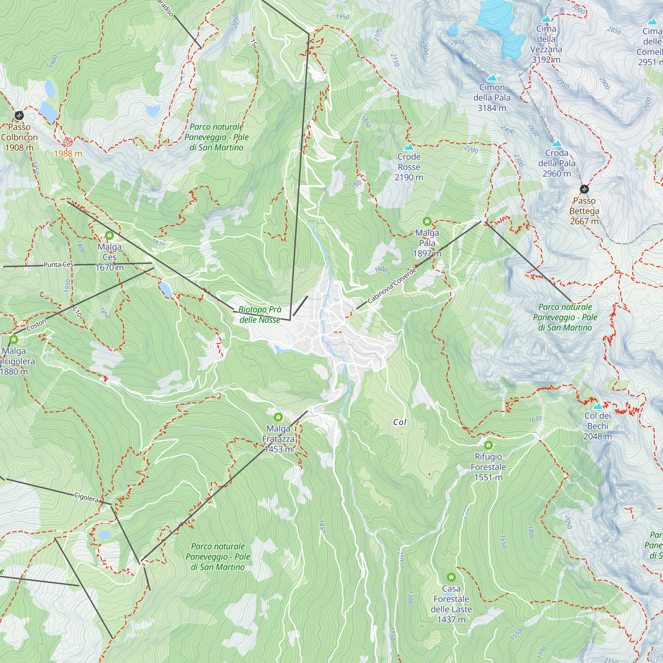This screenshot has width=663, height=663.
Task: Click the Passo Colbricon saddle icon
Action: pos(19,115)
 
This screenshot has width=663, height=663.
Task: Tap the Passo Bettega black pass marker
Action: pos(584,189)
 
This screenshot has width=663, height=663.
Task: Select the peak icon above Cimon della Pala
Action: pos(492,78)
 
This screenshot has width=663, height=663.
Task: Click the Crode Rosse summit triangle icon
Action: pos(408,147)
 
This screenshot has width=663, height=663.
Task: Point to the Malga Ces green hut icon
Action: pos(109,235)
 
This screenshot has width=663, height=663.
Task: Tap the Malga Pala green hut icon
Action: pos(427,221)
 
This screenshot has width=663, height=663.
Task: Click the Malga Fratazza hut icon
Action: pos(278,417)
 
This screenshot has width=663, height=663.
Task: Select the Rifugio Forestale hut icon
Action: pos(488,445)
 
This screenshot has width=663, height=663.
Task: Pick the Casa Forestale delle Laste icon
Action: pos(451,577)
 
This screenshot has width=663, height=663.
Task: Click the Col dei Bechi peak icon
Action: pos(597,406)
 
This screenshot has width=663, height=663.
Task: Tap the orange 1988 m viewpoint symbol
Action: pos(68,142)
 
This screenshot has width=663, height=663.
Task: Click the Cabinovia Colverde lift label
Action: pos(392,285)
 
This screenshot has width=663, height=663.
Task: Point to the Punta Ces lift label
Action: pos(58,265)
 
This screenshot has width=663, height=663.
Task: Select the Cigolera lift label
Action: pos(87,497)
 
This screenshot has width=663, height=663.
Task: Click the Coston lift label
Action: pos(36,325)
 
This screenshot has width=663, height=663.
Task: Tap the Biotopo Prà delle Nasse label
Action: pos(260,314)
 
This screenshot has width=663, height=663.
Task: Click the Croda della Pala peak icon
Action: pos(557,143)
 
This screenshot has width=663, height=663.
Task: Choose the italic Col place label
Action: pos(400,422)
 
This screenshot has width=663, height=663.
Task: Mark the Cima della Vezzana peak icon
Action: pos(546,19)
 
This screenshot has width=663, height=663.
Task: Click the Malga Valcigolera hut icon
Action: pos(14,339)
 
